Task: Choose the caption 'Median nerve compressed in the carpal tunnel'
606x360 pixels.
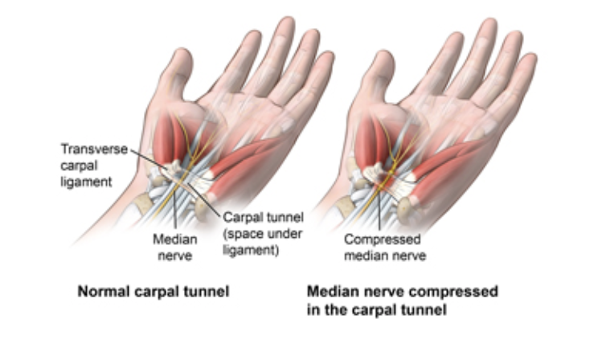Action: tap(402, 298)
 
